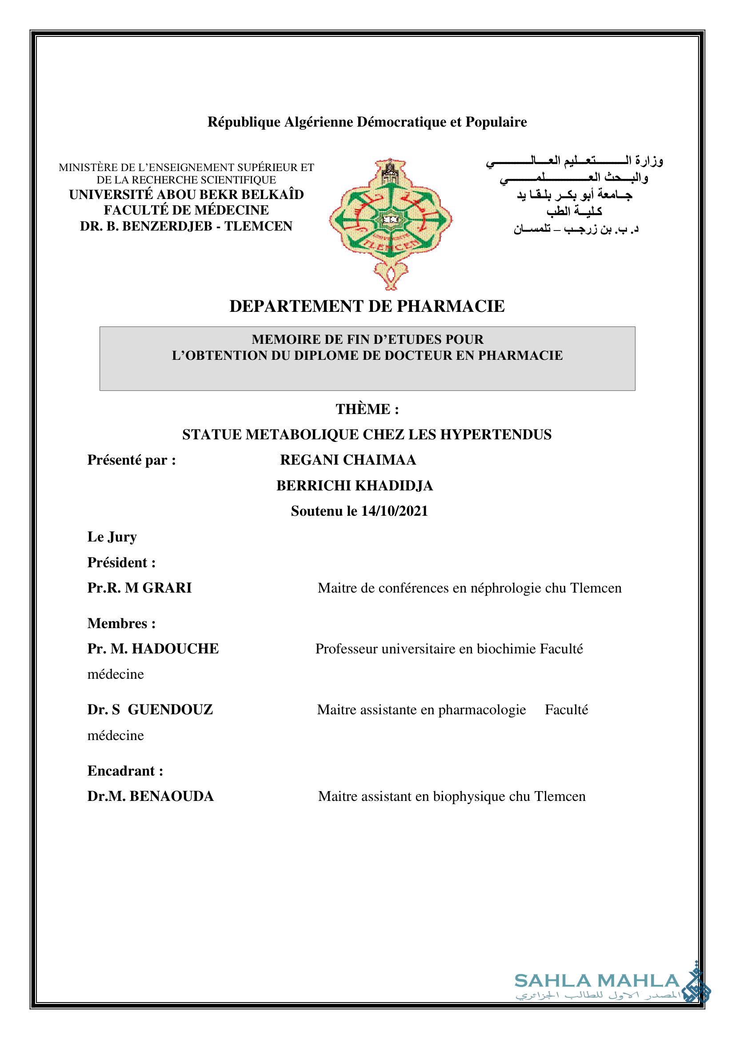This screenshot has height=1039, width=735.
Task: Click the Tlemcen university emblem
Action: point(391,222)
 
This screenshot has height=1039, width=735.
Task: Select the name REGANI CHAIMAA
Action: point(348,460)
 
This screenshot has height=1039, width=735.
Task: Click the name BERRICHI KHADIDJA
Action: point(354,486)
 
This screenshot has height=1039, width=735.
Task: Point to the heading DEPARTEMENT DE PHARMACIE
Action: point(367,307)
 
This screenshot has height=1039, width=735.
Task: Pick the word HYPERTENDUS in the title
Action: point(496,434)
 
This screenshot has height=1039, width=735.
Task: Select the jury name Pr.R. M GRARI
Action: point(140,588)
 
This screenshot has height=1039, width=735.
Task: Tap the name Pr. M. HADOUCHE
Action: point(153,649)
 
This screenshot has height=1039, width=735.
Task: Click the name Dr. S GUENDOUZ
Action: point(150,709)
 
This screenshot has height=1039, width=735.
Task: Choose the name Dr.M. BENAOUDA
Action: point(150,796)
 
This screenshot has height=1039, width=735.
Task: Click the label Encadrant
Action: point(121,771)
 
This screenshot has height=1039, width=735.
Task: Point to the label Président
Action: point(118,562)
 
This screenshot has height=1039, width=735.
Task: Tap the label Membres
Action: point(118,623)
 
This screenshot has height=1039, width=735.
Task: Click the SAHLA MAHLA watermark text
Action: point(596,981)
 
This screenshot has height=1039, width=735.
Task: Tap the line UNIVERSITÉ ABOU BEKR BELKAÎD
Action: point(186,195)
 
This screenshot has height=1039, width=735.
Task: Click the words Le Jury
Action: point(112,537)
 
